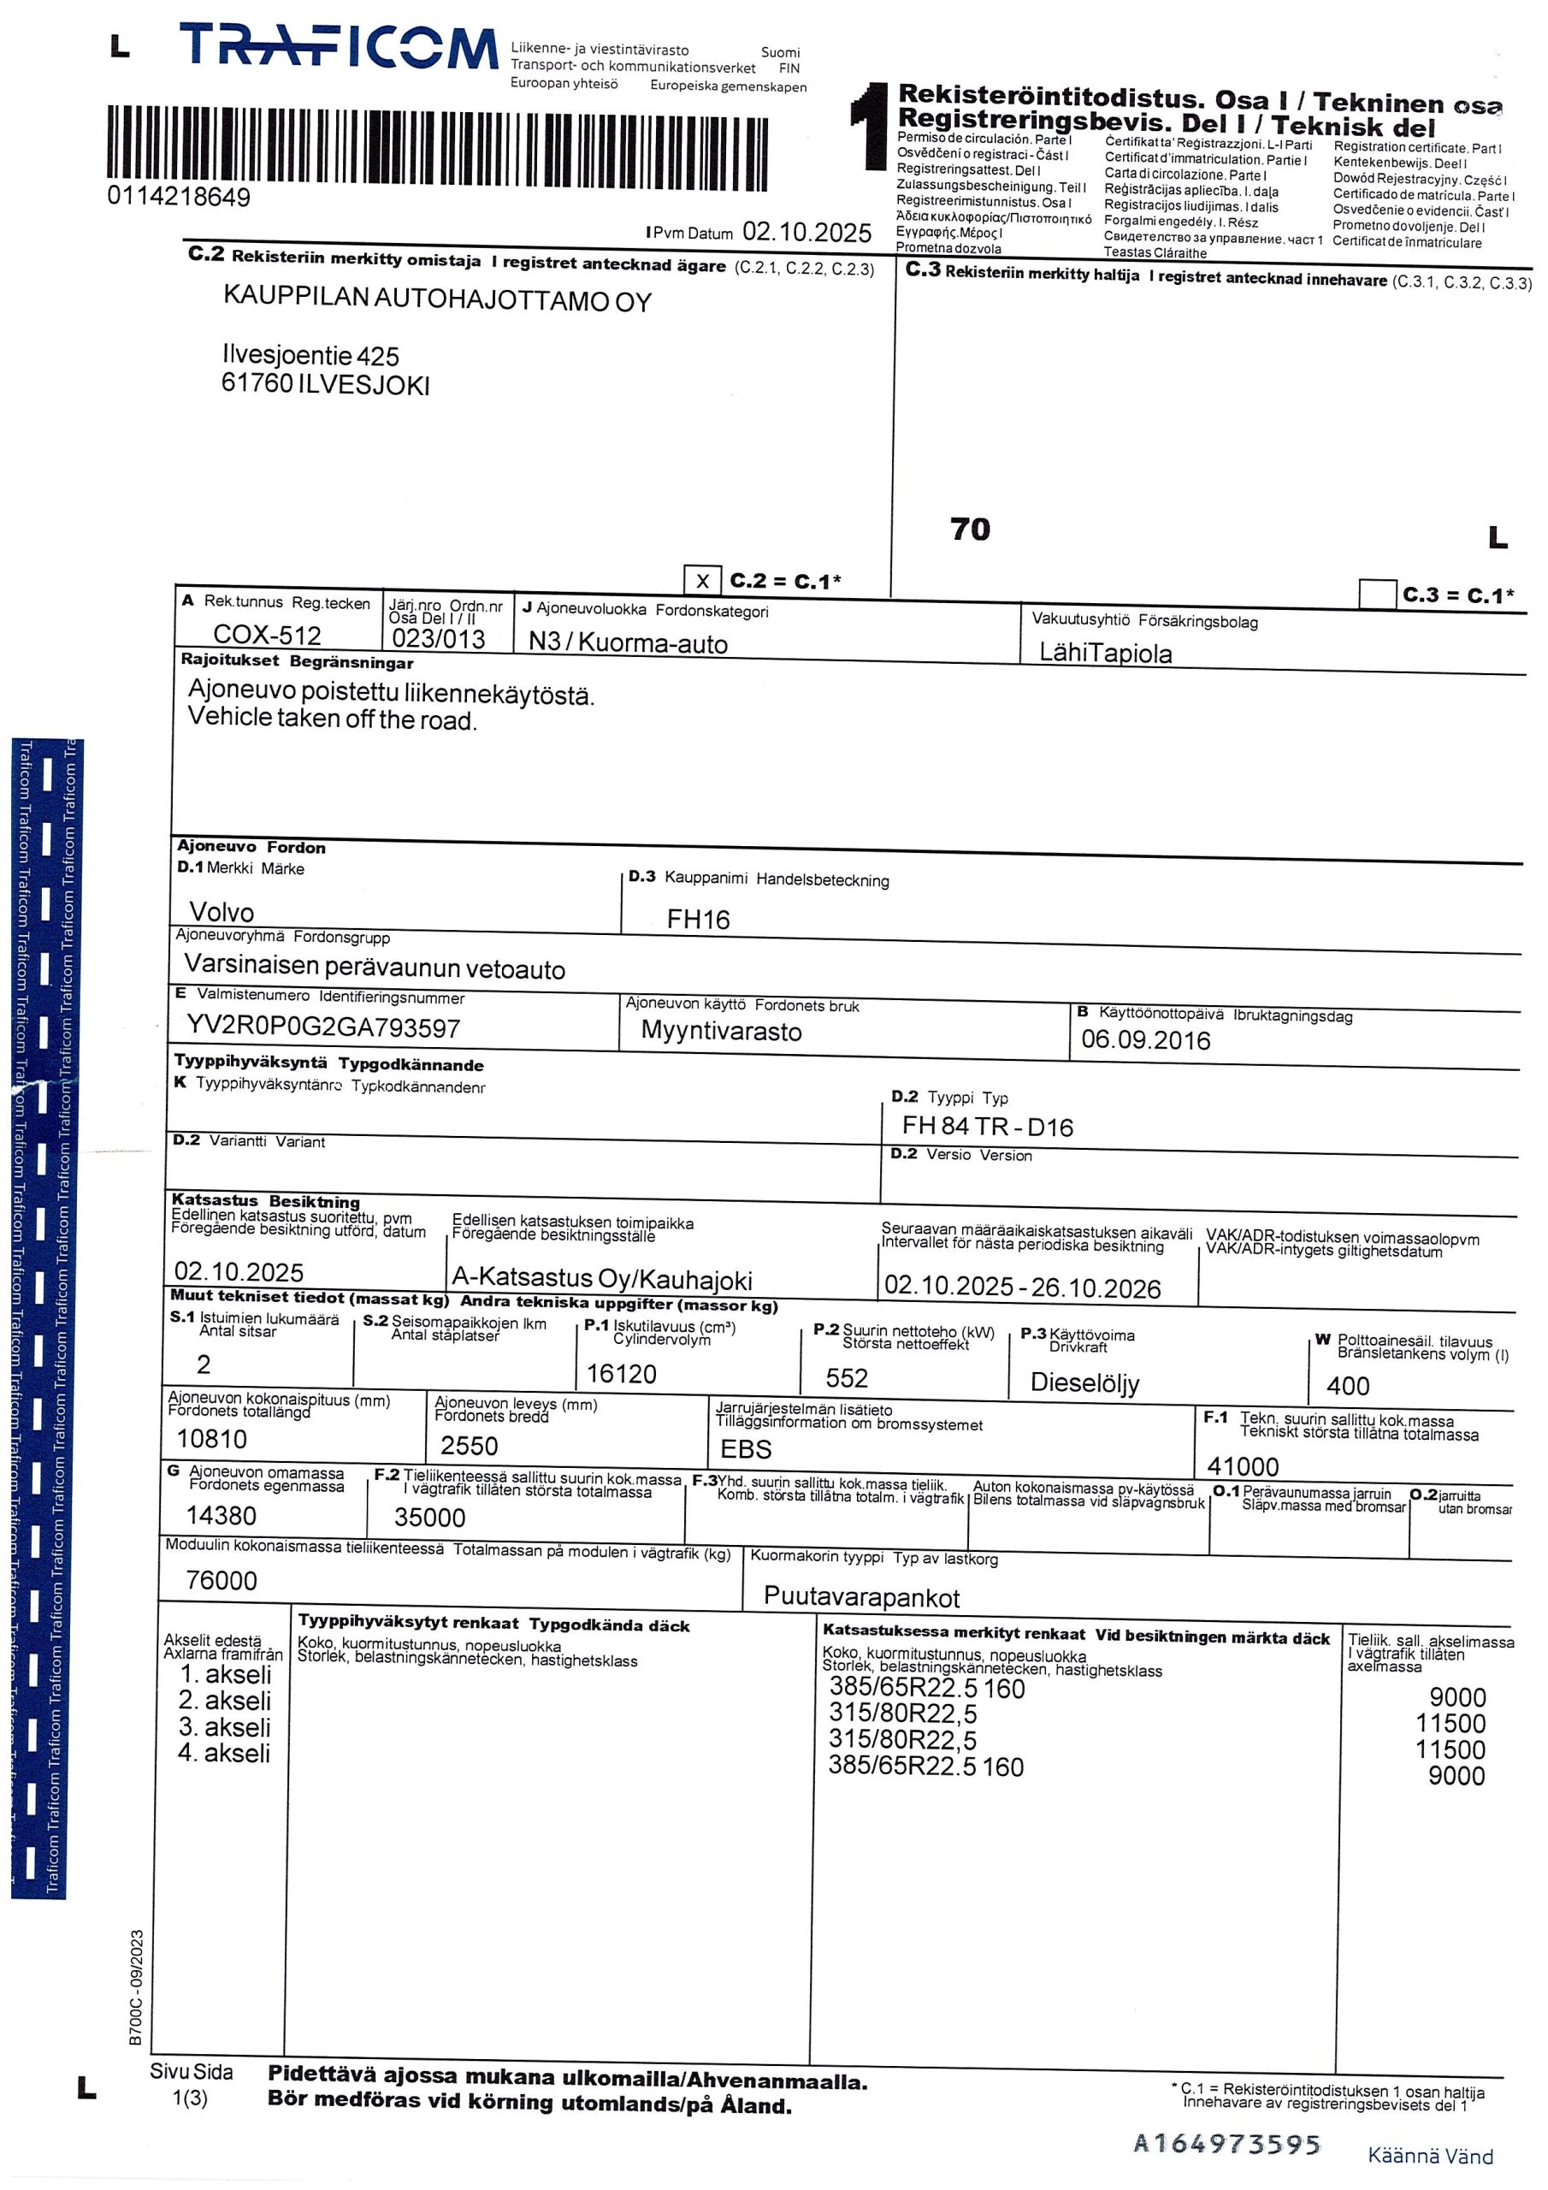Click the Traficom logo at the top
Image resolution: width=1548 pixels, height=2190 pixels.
pyautogui.click(x=339, y=47)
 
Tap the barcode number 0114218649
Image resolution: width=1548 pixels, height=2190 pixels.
pyautogui.click(x=179, y=198)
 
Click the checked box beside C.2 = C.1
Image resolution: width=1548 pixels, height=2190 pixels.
pyautogui.click(x=702, y=581)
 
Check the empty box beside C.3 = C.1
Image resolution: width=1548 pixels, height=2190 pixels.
pyautogui.click(x=1376, y=594)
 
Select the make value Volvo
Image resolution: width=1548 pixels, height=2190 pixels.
pyautogui.click(x=222, y=912)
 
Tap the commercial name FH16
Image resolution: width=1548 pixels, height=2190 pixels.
pyautogui.click(x=697, y=920)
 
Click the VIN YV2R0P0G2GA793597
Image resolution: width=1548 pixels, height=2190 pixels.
pyautogui.click(x=323, y=1027)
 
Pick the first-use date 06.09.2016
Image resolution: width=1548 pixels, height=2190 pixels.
pyautogui.click(x=1144, y=1040)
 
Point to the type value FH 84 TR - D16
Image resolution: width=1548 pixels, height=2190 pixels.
pyautogui.click(x=987, y=1127)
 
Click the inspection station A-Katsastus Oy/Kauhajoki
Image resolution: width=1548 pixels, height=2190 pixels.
pyautogui.click(x=602, y=1279)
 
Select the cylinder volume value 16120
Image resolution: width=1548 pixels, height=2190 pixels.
pyautogui.click(x=621, y=1374)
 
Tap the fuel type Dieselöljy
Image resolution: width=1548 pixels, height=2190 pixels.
pyautogui.click(x=1084, y=1382)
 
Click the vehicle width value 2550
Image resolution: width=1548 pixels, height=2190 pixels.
pyautogui.click(x=469, y=1446)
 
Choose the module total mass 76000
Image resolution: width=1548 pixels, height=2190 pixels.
pyautogui.click(x=222, y=1581)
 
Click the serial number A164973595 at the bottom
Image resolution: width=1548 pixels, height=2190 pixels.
pyautogui.click(x=1226, y=2146)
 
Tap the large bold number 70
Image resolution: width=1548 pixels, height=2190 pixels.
pyautogui.click(x=970, y=530)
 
